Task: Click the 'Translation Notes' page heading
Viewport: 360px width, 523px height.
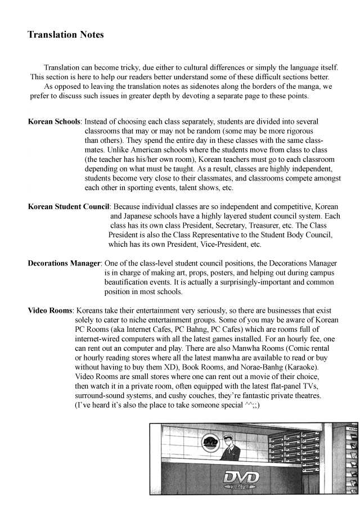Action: (65, 35)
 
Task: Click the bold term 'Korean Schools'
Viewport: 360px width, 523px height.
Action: (54, 121)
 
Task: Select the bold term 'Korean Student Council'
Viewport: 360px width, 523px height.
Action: (68, 206)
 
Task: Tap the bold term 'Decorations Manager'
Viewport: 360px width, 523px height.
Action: (64, 263)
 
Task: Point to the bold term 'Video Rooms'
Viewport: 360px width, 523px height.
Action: (50, 310)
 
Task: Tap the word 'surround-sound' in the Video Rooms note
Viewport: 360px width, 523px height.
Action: (100, 396)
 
